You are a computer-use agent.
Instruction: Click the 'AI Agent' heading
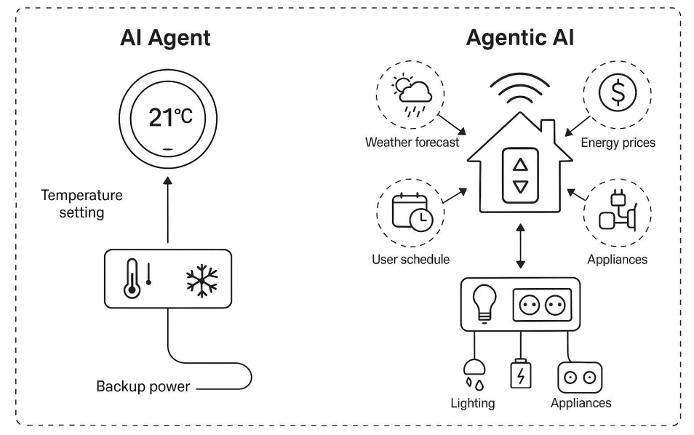[165, 39]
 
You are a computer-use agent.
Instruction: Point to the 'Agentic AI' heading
[519, 39]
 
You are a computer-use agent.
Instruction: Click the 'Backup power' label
[143, 386]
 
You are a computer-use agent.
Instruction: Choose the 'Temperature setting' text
[81, 204]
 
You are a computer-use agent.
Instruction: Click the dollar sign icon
[617, 93]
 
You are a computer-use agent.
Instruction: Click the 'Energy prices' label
[617, 143]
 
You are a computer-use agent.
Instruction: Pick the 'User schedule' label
[410, 259]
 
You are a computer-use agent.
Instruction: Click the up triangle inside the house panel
[520, 164]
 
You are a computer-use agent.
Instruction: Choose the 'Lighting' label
[472, 403]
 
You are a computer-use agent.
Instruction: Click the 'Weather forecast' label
[412, 143]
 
